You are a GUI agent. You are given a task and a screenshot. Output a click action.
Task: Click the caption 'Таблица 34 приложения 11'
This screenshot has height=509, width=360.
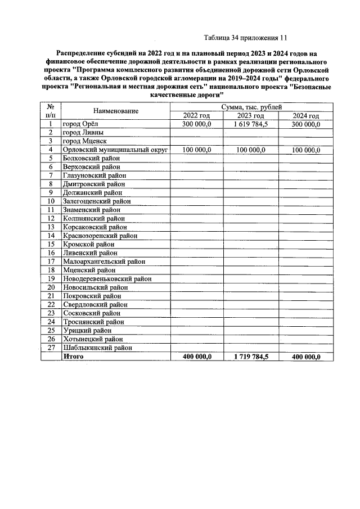pos(245,38)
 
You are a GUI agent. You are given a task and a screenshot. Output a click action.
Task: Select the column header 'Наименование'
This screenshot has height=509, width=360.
pos(116,111)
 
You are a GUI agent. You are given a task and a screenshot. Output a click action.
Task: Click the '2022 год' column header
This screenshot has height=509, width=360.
pos(197,116)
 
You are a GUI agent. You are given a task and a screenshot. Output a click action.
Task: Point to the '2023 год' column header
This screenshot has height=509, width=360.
pos(251,116)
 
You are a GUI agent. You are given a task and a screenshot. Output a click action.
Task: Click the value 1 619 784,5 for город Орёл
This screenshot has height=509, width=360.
pos(251,124)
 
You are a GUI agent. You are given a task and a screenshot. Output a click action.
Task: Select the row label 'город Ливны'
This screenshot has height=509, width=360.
pos(83,133)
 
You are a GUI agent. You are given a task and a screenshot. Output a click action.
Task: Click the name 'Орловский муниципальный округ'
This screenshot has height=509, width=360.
pos(116,150)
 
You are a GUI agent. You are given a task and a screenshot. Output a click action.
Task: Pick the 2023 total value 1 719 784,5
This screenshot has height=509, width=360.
pos(251,357)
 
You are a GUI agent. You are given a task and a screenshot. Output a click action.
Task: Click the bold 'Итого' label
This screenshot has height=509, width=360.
pos(74,357)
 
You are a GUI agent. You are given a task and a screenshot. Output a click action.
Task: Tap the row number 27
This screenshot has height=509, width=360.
pos(51,348)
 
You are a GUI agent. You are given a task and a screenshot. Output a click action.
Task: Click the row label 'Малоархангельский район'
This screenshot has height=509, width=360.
pos(104,262)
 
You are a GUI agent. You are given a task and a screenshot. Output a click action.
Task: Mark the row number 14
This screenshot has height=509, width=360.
pos(51,236)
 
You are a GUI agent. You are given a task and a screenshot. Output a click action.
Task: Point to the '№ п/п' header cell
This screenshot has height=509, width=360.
pos(51,111)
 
